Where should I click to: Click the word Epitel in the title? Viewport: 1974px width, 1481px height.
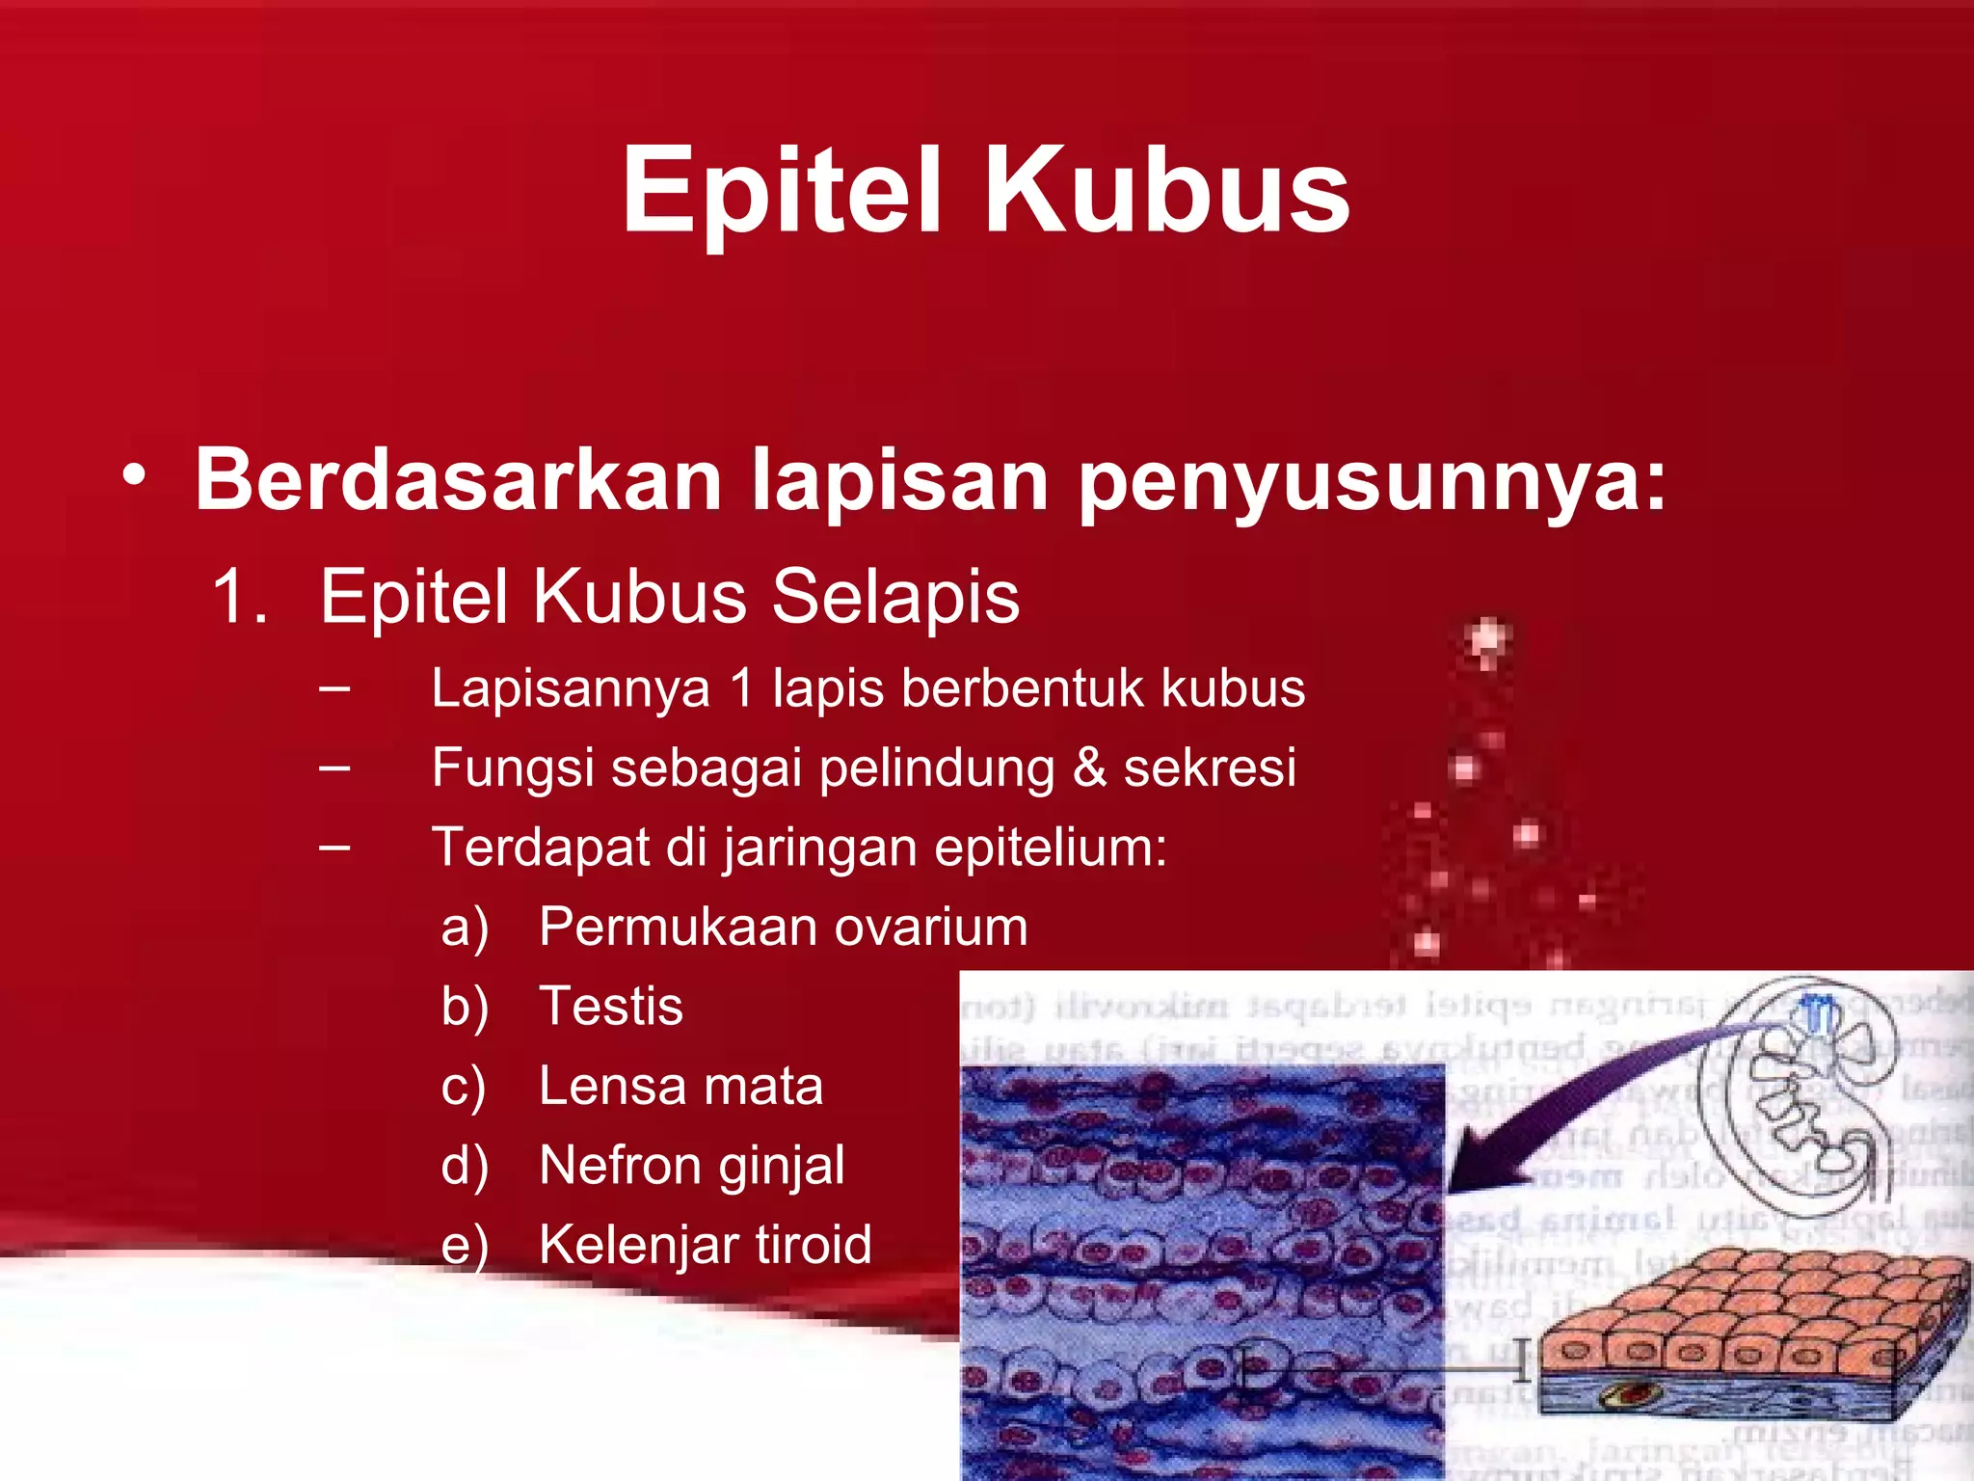[781, 189]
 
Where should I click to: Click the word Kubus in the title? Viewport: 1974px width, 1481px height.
[1166, 189]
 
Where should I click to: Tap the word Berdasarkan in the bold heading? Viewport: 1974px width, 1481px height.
[459, 479]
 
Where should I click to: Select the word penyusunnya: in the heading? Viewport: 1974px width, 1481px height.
[1372, 479]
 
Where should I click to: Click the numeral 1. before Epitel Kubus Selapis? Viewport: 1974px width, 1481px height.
[239, 596]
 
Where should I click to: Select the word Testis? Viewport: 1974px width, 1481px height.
[611, 1006]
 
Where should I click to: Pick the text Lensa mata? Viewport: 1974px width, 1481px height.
[680, 1085]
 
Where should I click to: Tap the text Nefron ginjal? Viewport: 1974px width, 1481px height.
[691, 1165]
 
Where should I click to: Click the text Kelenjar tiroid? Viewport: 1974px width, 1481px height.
[705, 1244]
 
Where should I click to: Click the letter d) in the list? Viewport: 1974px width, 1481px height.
[465, 1165]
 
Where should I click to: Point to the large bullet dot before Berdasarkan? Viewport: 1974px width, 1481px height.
[135, 475]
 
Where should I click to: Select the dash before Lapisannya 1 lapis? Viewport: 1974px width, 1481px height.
[333, 688]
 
